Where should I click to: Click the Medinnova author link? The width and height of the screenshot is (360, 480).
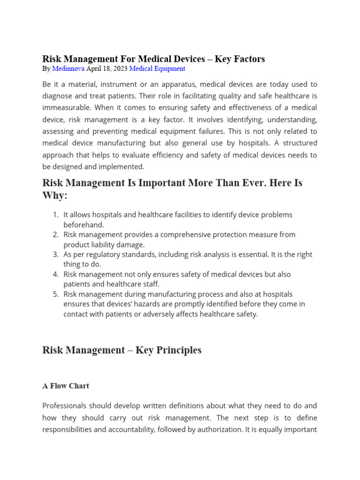(x=68, y=68)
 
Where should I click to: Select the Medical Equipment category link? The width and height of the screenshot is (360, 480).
(x=157, y=68)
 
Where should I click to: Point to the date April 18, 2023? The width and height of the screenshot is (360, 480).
(x=107, y=68)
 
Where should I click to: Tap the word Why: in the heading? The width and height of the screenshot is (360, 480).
(x=55, y=195)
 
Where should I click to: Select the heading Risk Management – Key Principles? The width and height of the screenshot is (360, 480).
(x=122, y=350)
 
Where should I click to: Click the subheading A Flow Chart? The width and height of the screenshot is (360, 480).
(x=66, y=386)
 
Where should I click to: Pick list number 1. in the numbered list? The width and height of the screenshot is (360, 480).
(x=56, y=215)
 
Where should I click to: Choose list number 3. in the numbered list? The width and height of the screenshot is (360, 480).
(x=56, y=255)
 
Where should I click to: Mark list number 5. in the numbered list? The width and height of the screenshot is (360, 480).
(x=56, y=294)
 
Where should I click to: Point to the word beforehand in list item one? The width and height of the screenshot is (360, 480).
(x=84, y=225)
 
